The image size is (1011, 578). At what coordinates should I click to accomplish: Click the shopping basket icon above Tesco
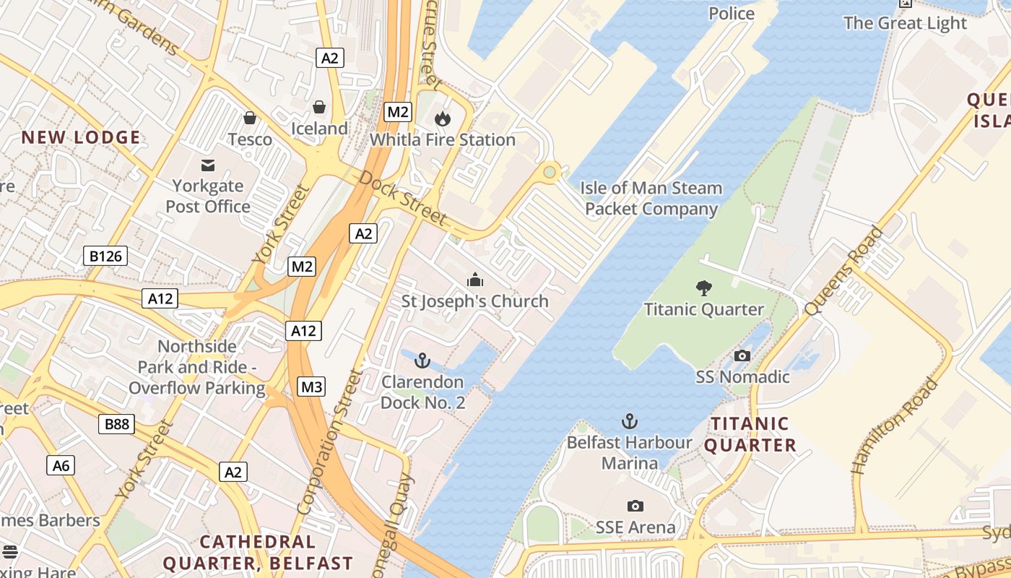pos(250,117)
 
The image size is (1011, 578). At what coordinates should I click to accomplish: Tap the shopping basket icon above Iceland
pos(318,107)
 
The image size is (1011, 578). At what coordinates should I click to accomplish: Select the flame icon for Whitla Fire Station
pos(442,118)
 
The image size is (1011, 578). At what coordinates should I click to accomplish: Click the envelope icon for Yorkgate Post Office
pos(208,165)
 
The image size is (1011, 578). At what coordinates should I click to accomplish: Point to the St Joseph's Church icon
pos(475,280)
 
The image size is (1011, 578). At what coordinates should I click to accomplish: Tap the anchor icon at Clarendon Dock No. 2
pos(422,360)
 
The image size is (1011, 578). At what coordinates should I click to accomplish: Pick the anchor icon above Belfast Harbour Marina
pos(630,420)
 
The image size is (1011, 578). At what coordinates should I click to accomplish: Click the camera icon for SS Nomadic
pos(742,355)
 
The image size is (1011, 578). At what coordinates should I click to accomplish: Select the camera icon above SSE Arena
pos(635,506)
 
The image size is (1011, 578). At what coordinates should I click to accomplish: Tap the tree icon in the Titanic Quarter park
pos(703,288)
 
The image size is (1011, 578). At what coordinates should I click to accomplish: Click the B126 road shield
pos(105,255)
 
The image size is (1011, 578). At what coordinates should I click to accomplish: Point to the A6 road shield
pos(61,465)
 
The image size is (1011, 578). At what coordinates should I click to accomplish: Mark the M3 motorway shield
pos(311,387)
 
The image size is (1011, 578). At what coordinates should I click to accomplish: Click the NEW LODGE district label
pos(81,137)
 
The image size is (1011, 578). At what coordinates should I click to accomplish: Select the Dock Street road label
pos(402,197)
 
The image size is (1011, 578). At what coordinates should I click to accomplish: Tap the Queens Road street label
pos(843,271)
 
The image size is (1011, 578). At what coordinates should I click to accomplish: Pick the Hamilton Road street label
pos(895,426)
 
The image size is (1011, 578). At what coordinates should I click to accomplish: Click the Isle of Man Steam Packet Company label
pos(651,199)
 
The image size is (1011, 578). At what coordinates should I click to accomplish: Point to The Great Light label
pos(905,23)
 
